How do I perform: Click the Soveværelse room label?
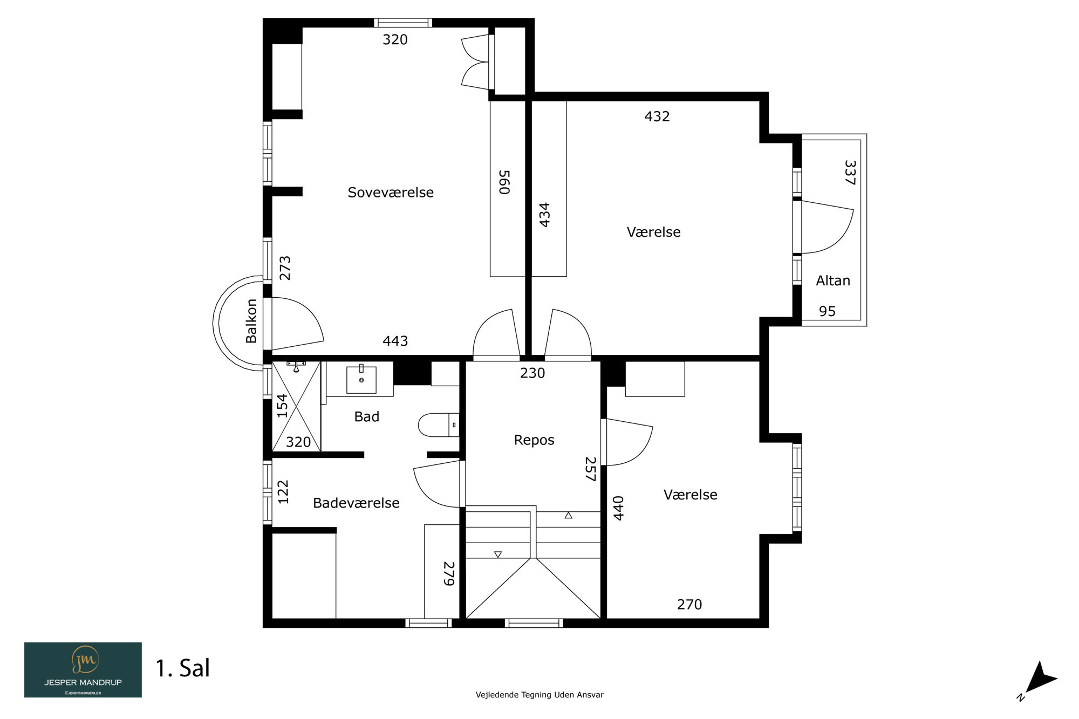391,193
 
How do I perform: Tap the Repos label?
534,440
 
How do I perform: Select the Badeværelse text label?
356,503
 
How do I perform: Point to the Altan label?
833,280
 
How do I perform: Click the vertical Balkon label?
251,321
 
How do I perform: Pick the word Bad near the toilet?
367,416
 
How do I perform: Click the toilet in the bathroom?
439,425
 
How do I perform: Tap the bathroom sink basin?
361,380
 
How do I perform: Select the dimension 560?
504,182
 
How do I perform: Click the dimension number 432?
657,117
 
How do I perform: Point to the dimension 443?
395,341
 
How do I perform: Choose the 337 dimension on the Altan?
850,173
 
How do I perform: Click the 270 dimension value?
689,605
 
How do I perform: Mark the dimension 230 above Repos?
532,373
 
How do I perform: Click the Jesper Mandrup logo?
83,670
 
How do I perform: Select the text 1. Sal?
183,668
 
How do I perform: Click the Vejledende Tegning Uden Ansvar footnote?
539,695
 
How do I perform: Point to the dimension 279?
449,573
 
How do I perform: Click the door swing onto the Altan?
827,227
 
